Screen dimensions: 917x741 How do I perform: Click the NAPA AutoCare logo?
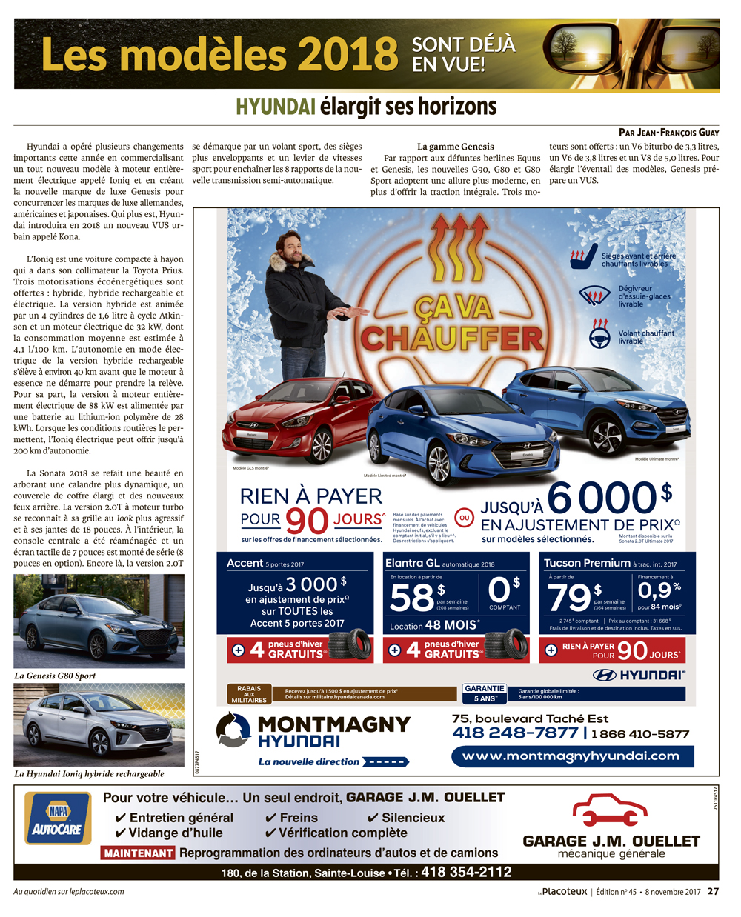[x=58, y=818]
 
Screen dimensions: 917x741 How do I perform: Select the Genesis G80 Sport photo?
[x=99, y=621]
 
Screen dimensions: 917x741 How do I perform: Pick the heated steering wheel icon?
[x=599, y=335]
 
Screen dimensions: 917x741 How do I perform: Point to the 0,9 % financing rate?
[x=658, y=591]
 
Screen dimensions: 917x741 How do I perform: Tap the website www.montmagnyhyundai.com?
[x=571, y=756]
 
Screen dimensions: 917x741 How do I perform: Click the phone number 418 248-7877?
[x=515, y=733]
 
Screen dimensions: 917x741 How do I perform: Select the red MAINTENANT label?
[x=139, y=853]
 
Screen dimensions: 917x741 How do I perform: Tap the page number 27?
[x=713, y=892]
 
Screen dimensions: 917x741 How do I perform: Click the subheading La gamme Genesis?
[x=455, y=147]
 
